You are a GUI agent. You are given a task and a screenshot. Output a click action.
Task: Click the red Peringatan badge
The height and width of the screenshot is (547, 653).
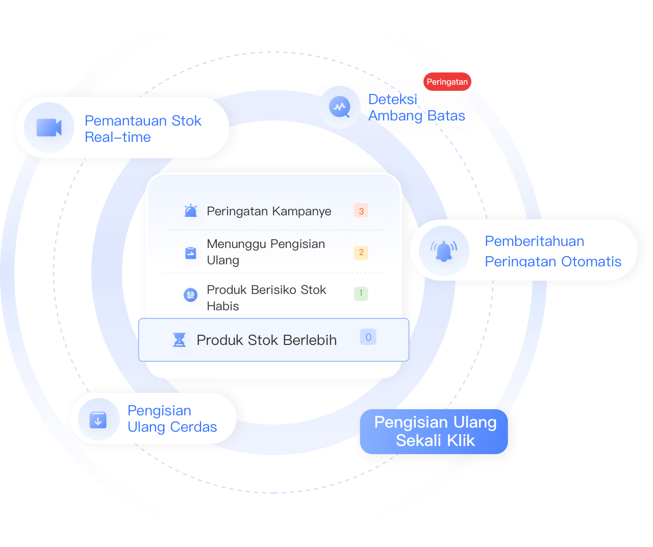pos(447,82)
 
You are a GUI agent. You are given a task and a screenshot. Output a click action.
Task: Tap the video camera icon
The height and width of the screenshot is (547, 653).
pos(49,127)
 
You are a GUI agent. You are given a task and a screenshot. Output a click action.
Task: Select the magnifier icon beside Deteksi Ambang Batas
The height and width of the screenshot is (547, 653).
pos(340,107)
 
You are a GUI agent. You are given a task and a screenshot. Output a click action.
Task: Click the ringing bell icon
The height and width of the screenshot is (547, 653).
pos(444,251)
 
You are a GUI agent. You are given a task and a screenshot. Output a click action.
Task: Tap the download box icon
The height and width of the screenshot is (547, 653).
pos(98,420)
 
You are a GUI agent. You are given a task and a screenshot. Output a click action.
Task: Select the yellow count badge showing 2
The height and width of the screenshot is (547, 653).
pos(361,253)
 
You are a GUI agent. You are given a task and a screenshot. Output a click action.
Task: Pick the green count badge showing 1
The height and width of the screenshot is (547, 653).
pos(361,294)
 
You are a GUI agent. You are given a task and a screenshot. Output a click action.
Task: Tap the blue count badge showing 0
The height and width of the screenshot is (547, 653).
pos(368,337)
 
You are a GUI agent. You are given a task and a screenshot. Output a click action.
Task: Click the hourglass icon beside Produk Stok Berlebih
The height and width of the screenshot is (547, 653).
pos(179,340)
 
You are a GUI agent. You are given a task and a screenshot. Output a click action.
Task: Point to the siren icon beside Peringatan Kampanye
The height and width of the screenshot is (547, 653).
pos(190,210)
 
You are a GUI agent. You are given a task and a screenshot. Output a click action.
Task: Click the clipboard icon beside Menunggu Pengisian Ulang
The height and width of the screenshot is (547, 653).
pos(190,253)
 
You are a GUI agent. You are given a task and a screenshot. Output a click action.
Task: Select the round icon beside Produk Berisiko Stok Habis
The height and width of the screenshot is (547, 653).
pos(190,294)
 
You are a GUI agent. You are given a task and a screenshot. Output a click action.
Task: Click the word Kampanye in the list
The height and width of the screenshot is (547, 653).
pos(302,212)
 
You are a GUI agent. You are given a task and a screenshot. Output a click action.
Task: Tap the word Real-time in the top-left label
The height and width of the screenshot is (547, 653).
pos(118,137)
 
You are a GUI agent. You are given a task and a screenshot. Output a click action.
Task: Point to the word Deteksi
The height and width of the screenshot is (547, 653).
pos(392,100)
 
